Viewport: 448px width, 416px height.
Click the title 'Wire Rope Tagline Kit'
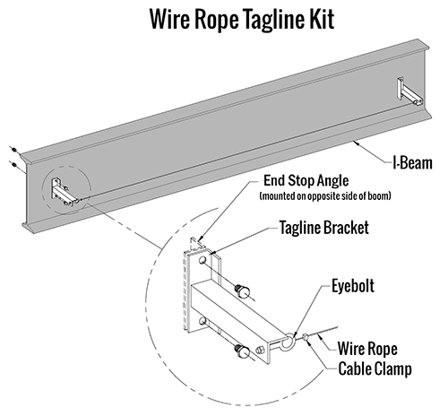[x=242, y=20]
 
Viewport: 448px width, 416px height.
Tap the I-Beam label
[x=412, y=163]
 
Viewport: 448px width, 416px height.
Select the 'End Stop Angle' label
[x=306, y=180]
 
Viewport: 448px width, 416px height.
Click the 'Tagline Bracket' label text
[x=324, y=228]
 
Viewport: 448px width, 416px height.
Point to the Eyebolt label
[x=353, y=286]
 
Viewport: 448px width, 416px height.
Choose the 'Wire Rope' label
[x=367, y=349]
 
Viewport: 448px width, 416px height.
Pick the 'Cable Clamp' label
[x=375, y=368]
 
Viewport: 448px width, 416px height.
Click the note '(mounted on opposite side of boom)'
[x=325, y=196]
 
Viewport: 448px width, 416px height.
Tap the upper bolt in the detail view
[x=244, y=291]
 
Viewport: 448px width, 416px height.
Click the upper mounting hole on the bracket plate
[x=202, y=260]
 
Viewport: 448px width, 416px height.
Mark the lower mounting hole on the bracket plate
[x=202, y=322]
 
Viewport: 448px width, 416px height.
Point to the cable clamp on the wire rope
[x=306, y=337]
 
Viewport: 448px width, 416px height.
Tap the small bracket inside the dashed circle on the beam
[x=65, y=192]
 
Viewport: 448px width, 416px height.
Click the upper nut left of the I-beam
[x=13, y=149]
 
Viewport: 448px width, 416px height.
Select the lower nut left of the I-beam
[x=13, y=163]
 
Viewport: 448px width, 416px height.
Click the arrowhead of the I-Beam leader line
[x=356, y=143]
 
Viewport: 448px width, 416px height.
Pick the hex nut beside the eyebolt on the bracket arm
[x=260, y=350]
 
